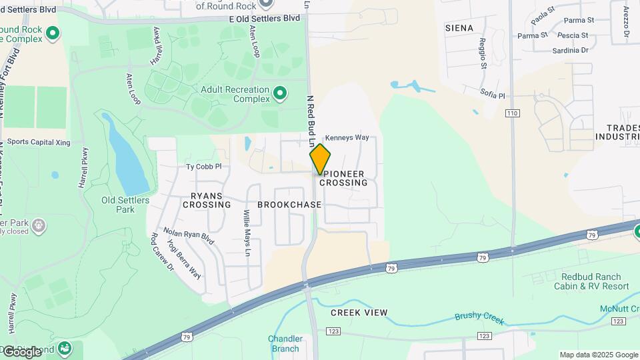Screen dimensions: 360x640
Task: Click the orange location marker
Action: point(320,159)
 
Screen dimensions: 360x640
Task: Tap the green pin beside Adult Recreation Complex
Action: point(281,93)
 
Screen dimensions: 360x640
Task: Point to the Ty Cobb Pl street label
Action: point(203,167)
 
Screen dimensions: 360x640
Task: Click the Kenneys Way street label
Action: point(347,137)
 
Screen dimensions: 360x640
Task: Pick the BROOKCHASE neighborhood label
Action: point(289,205)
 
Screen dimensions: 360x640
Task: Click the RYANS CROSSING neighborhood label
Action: point(211,200)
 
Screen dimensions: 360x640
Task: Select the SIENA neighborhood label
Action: point(459,28)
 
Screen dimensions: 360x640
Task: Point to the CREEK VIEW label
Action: point(359,312)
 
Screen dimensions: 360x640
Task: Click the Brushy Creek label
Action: point(477,317)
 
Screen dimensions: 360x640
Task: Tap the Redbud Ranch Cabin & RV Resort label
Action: point(591,281)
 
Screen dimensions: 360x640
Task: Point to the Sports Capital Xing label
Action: point(39,142)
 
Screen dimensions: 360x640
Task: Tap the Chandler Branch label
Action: point(285,343)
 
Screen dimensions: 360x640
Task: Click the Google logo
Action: point(23,351)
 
